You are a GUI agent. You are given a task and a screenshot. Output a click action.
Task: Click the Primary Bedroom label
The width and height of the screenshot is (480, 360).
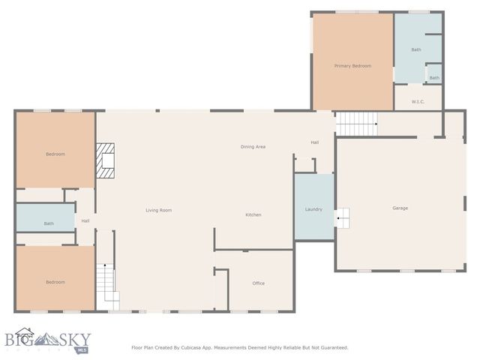pyautogui.click(x=352, y=66)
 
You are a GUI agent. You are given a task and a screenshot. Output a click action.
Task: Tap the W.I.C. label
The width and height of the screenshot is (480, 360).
pyautogui.click(x=418, y=101)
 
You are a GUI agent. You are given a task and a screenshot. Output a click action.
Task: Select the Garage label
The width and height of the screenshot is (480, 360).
pyautogui.click(x=400, y=208)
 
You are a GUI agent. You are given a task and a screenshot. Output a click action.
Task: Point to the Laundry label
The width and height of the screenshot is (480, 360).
pyautogui.click(x=313, y=209)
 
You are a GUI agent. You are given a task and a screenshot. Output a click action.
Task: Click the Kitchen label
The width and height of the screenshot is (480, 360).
pyautogui.click(x=253, y=215)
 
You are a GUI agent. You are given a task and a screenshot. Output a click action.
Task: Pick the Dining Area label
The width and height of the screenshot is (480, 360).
pyautogui.click(x=253, y=146)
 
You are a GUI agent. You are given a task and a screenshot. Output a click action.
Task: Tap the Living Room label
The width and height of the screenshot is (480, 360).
pyautogui.click(x=158, y=210)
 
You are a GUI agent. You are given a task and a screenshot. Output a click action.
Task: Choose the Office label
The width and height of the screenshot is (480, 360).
pyautogui.click(x=258, y=283)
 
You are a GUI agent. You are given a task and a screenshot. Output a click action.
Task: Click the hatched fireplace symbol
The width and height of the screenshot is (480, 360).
pyautogui.click(x=106, y=160)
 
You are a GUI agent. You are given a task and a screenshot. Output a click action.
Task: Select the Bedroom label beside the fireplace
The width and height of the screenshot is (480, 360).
pyautogui.click(x=55, y=154)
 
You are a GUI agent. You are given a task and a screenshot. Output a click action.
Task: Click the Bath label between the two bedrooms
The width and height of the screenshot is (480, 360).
pyautogui.click(x=49, y=223)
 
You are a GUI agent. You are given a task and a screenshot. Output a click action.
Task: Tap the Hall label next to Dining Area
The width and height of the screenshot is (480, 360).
pyautogui.click(x=315, y=142)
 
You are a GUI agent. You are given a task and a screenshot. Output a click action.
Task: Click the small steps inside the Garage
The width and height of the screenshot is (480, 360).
pyautogui.click(x=342, y=218)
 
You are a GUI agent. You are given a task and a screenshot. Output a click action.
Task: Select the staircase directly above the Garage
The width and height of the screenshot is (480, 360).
pyautogui.click(x=356, y=124)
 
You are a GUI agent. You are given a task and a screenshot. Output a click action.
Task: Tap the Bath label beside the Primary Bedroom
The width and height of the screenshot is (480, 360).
pyautogui.click(x=416, y=49)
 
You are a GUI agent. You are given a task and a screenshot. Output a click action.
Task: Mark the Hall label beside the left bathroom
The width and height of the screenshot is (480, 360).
pyautogui.click(x=85, y=220)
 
